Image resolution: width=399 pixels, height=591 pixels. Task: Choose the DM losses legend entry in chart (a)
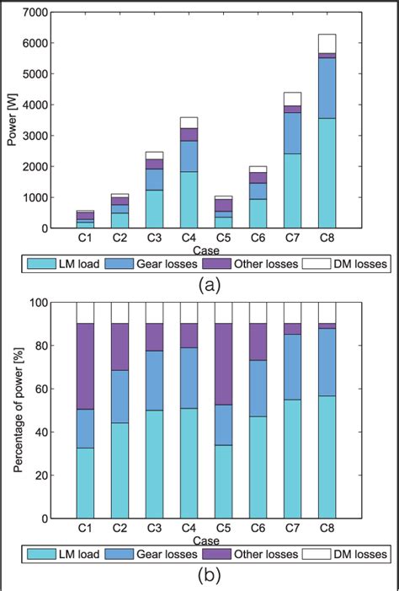[355, 264]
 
